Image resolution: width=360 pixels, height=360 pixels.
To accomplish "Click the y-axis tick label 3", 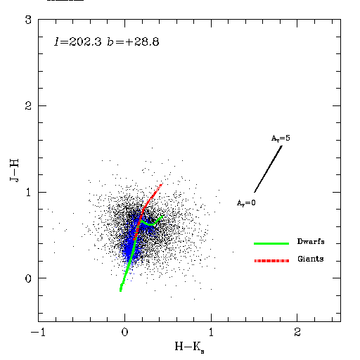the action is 28,20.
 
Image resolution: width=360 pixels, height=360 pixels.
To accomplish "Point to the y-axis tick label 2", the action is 28,105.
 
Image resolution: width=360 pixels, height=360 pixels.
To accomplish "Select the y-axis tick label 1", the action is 29,192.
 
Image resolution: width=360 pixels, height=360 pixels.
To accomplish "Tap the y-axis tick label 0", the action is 28,278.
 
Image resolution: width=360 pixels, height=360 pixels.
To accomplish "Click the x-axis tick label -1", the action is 38,333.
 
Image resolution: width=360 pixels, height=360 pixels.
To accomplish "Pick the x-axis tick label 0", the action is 124,333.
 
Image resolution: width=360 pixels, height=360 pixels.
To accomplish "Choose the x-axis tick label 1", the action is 211,333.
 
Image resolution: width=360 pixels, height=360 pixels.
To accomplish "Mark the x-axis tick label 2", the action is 297,333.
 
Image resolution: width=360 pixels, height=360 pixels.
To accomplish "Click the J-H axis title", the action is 14,170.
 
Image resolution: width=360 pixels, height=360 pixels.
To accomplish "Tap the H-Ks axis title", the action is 189,347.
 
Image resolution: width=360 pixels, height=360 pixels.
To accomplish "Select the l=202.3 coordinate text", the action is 78,42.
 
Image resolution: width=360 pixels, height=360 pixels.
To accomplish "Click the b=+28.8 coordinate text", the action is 133,42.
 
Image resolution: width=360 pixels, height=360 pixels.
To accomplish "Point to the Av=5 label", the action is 281,139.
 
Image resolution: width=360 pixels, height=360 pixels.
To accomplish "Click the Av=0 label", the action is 246,202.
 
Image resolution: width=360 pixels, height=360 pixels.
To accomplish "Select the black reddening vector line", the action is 268,169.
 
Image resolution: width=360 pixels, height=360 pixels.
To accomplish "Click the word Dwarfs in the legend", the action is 311,241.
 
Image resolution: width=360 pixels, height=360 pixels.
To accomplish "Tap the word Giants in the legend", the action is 311,259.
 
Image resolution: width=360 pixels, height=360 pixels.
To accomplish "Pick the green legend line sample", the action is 271,244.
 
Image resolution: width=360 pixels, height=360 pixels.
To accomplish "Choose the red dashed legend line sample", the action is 271,261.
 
